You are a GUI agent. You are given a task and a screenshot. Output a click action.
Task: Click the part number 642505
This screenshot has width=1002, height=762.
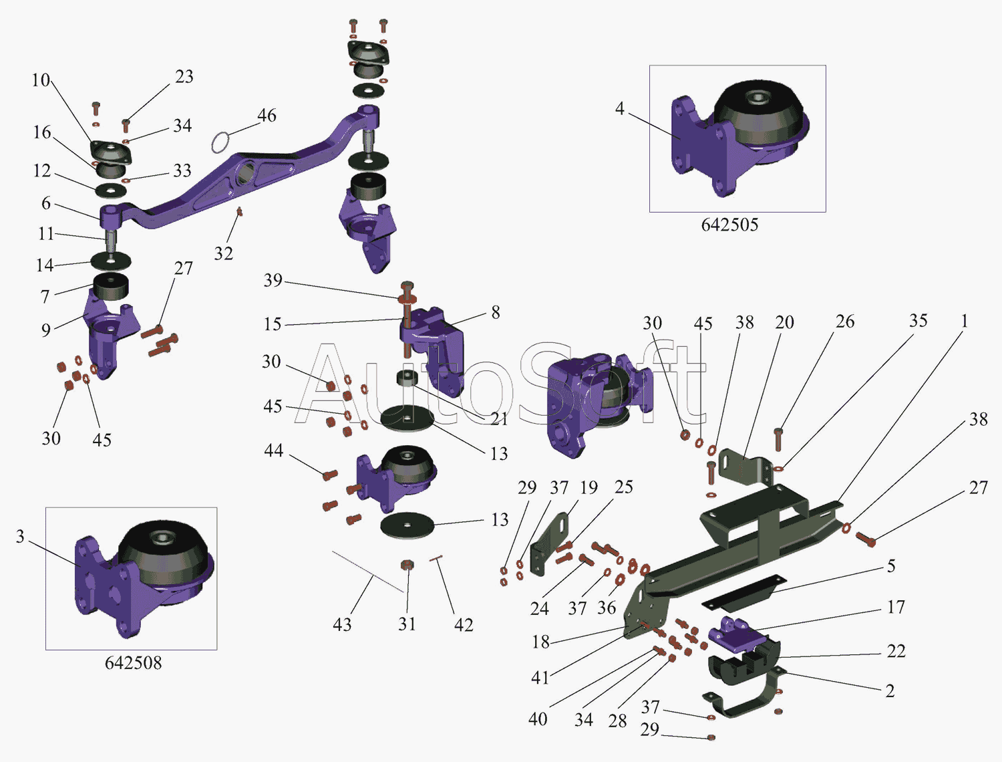click(x=729, y=225)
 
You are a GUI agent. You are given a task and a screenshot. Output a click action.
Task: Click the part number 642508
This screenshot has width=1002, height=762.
click(x=133, y=662)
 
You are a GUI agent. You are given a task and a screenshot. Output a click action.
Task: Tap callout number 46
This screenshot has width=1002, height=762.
click(x=267, y=116)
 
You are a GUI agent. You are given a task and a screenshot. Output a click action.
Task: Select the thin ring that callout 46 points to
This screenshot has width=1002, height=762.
click(x=220, y=142)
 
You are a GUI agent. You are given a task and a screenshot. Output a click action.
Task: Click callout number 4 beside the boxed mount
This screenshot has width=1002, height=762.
click(x=620, y=108)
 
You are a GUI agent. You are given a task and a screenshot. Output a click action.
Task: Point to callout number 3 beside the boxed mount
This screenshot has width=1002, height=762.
click(x=20, y=536)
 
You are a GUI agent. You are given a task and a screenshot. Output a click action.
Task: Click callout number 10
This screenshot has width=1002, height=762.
click(x=41, y=80)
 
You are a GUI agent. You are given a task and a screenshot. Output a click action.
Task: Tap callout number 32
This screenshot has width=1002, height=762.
click(x=223, y=253)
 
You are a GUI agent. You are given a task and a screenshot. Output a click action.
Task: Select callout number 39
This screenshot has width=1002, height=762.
click(x=273, y=280)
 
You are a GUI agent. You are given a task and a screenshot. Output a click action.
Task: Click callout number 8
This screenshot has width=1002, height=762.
click(x=495, y=312)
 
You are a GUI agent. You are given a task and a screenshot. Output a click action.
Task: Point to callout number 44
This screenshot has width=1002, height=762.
click(x=273, y=451)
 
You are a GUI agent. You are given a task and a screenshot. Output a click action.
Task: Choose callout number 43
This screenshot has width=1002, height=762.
click(x=342, y=624)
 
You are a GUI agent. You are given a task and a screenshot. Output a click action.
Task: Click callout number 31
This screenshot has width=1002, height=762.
click(x=407, y=624)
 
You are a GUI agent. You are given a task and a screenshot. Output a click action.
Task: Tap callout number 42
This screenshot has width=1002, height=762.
click(x=464, y=624)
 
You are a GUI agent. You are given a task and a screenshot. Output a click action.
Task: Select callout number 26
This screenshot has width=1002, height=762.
click(x=845, y=322)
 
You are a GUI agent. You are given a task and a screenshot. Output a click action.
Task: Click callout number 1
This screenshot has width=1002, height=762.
click(x=964, y=322)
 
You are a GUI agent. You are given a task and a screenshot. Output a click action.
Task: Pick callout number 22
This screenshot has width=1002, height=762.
click(x=896, y=651)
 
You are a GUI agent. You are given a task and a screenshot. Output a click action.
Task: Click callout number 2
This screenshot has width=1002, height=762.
click(x=890, y=690)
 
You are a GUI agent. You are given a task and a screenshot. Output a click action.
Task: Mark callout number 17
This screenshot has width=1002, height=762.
click(x=896, y=607)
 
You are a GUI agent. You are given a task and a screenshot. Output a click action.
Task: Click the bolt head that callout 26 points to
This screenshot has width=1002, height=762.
click(x=778, y=432)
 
